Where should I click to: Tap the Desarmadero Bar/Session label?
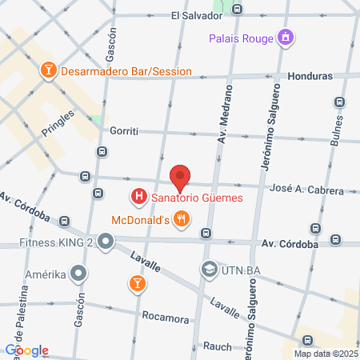click(126, 71)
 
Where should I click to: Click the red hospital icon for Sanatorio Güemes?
click(138, 195)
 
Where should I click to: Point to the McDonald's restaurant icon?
click(182, 218)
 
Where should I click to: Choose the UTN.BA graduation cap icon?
click(209, 268)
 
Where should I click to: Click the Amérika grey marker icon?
click(78, 274)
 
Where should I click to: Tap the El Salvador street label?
click(195, 15)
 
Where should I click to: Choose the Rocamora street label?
click(165, 316)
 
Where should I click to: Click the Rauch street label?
click(217, 346)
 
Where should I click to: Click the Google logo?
click(26, 350)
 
